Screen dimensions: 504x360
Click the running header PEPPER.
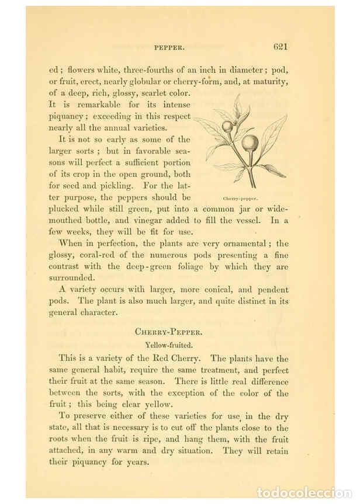(169, 47)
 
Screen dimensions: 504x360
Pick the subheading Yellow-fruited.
(168, 345)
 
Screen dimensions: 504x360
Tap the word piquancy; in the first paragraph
(68, 116)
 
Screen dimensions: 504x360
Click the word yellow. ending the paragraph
(159, 404)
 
